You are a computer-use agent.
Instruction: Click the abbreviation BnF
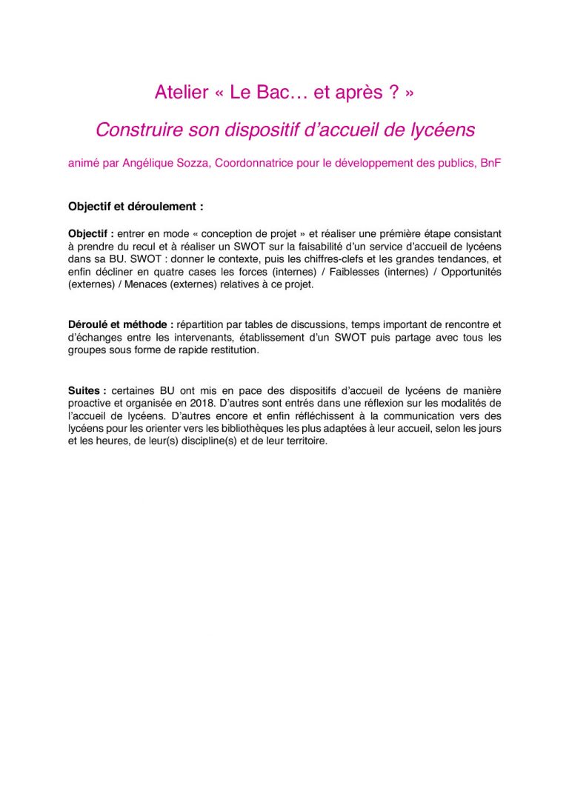[490, 164]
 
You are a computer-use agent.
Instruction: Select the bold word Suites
[84, 390]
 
